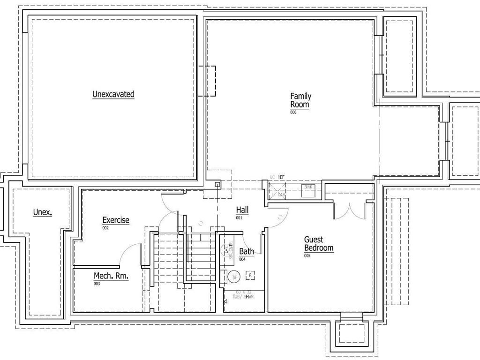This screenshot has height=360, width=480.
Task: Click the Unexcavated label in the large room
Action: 113,94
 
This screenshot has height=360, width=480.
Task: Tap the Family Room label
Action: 300,100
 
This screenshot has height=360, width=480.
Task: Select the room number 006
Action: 293,112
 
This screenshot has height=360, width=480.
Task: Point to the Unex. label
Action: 42,212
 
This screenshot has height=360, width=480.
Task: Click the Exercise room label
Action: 116,220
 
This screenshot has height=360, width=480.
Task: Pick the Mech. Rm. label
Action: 111,276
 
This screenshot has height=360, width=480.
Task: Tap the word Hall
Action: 242,210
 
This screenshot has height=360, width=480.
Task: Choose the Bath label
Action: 247,251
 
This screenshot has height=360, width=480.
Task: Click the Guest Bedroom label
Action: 319,244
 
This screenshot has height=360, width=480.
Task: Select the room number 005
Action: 307,256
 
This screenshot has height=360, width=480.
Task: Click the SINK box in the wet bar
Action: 308,187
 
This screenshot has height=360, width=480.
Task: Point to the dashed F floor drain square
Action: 251,275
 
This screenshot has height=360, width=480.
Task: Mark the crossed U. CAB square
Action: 277,191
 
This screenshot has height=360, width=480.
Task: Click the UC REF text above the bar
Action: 277,177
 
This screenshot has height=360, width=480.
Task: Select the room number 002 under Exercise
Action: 105,228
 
